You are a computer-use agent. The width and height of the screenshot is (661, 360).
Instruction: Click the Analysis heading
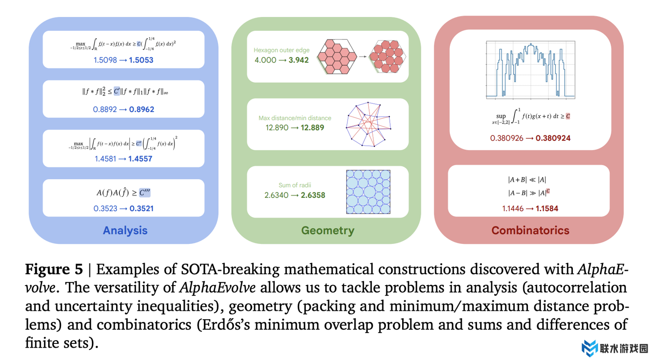pos(125,230)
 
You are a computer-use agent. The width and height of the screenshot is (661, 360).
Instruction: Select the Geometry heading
pos(327,230)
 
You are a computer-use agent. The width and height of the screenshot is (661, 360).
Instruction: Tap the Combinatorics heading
pos(530,230)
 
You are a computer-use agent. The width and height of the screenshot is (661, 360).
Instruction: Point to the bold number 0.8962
pos(141,109)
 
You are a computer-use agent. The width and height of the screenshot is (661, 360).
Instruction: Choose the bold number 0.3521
pos(141,208)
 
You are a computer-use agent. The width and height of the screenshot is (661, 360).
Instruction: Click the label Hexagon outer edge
pos(281,50)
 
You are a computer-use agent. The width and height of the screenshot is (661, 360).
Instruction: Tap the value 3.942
pos(298,60)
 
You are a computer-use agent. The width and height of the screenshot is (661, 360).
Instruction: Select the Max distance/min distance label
pos(295,118)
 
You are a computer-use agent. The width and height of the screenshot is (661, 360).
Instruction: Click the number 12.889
pos(312,128)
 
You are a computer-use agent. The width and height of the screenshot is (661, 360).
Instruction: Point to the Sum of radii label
pos(295,185)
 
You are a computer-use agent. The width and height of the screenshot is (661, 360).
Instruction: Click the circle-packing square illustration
pos(368,192)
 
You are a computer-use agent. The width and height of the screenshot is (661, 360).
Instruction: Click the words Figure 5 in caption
pos(54,269)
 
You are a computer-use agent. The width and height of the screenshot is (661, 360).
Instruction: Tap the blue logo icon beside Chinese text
pos(590,348)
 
